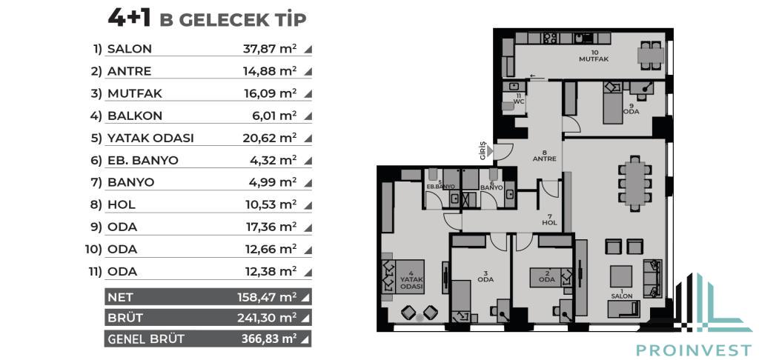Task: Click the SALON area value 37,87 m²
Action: click(x=270, y=49)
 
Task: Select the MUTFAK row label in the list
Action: click(x=135, y=93)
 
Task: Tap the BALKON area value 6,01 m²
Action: click(x=274, y=116)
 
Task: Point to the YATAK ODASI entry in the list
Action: click(x=150, y=138)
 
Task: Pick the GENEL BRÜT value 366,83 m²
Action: click(x=268, y=339)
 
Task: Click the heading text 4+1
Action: click(x=129, y=19)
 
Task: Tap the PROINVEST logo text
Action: click(x=694, y=350)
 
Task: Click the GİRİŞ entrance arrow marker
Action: click(x=490, y=152)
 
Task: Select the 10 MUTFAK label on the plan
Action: click(x=594, y=56)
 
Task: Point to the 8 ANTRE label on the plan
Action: click(x=545, y=156)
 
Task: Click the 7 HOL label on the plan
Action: click(x=550, y=220)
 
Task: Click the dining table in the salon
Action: click(x=635, y=183)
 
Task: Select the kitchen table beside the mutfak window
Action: click(x=651, y=56)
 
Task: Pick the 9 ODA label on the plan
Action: click(x=632, y=108)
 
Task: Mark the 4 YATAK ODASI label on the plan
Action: click(x=411, y=280)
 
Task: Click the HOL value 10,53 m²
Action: click(x=271, y=204)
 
